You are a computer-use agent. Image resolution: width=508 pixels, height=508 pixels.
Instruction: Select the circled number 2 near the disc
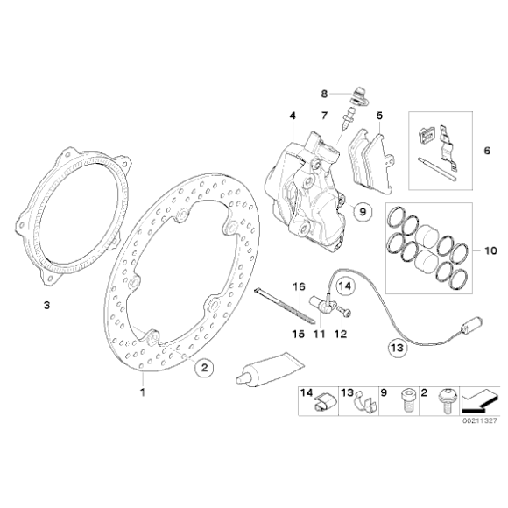pyautogui.click(x=203, y=369)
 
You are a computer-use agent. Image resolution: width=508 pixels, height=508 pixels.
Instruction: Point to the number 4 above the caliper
pyautogui.click(x=292, y=116)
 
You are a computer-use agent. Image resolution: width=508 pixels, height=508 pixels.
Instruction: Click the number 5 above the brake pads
pyautogui.click(x=379, y=116)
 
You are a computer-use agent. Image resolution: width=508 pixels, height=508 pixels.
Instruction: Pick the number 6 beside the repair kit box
pyautogui.click(x=488, y=151)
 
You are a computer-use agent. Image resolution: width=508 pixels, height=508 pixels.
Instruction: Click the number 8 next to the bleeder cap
pyautogui.click(x=322, y=92)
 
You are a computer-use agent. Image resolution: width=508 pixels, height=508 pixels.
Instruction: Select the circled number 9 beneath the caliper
pyautogui.click(x=361, y=212)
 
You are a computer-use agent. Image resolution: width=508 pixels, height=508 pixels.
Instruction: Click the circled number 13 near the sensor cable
pyautogui.click(x=397, y=348)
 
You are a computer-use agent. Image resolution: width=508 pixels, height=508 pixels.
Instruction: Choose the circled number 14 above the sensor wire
pyautogui.click(x=343, y=285)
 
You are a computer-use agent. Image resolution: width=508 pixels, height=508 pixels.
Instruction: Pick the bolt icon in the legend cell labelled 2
pyautogui.click(x=445, y=403)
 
